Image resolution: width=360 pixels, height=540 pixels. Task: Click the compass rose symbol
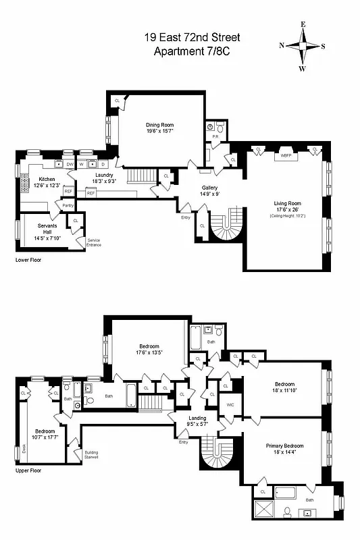(302, 46)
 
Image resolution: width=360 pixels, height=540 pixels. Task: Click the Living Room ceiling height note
(287, 215)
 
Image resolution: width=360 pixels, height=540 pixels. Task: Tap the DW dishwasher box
(70, 164)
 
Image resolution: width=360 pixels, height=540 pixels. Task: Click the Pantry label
(68, 205)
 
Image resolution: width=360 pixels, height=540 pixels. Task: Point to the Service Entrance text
(93, 242)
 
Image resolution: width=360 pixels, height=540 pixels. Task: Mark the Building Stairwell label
(91, 454)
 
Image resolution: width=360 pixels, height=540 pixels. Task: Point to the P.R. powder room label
(215, 136)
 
